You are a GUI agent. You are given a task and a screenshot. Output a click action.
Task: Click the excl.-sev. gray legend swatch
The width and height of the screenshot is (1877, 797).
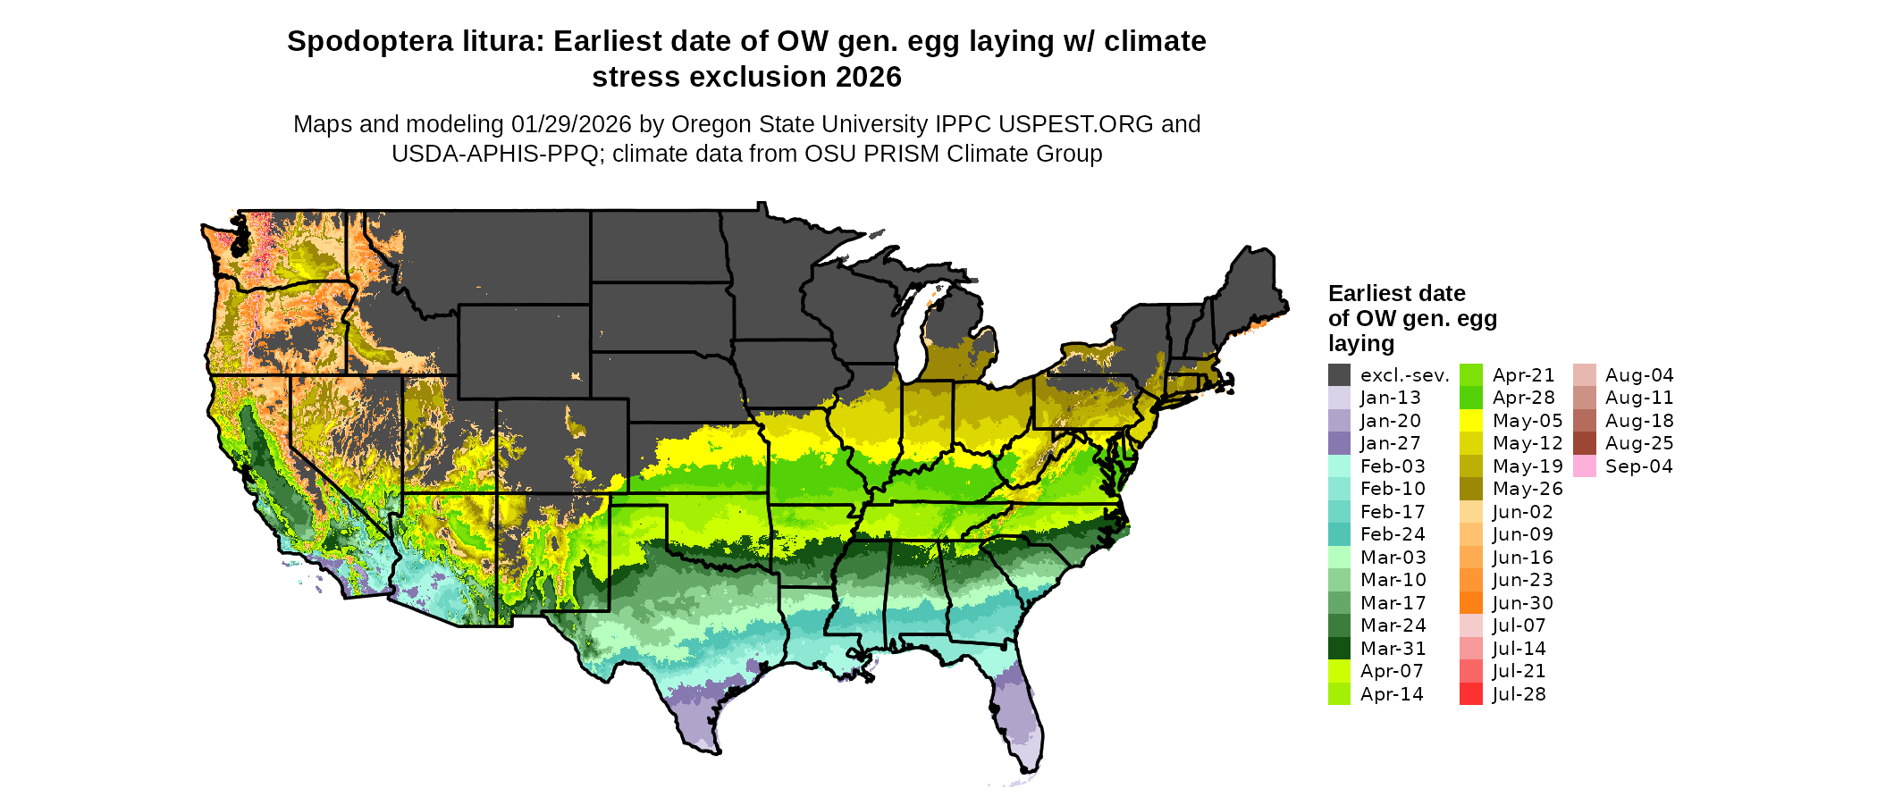(x=1339, y=375)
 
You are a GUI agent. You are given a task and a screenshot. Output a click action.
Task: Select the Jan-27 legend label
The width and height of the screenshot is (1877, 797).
(x=1390, y=443)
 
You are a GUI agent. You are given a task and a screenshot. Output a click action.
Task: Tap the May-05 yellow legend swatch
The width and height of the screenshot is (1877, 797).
(x=1470, y=421)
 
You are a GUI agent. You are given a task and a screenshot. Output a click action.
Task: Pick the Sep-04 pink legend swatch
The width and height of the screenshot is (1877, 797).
(x=1584, y=466)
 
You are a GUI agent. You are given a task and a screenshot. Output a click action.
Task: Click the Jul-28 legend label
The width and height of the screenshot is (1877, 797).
(x=1519, y=694)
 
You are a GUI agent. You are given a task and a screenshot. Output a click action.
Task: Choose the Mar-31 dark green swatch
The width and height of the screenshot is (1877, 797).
(x=1339, y=649)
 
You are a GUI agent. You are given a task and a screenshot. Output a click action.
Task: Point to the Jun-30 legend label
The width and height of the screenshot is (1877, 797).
(x=1522, y=603)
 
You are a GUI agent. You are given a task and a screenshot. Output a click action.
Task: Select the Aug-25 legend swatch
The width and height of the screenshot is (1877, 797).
(x=1584, y=443)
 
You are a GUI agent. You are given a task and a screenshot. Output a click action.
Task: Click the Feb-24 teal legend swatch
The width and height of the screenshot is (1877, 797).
(x=1339, y=534)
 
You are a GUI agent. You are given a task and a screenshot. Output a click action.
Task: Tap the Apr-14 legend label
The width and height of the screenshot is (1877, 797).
(x=1392, y=694)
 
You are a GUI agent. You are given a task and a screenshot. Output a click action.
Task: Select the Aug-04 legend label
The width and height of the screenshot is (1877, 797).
(x=1639, y=375)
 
